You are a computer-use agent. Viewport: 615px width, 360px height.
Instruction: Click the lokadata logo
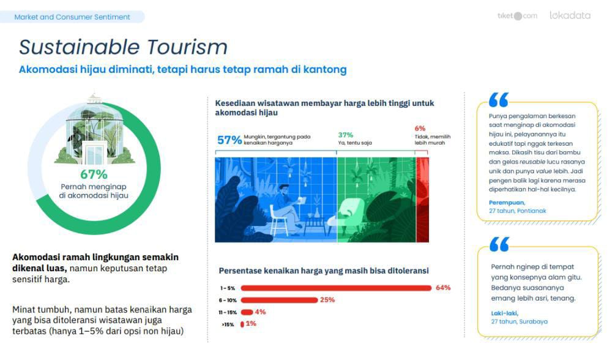[570, 15]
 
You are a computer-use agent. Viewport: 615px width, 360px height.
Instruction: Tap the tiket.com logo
[517, 16]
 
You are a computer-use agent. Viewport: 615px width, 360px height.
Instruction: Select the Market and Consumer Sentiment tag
[72, 17]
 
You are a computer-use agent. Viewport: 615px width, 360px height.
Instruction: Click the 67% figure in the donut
[94, 174]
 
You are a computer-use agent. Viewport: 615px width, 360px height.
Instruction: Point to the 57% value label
[229, 140]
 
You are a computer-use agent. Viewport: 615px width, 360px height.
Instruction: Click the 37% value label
[346, 135]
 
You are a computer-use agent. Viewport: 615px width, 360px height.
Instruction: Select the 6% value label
[420, 129]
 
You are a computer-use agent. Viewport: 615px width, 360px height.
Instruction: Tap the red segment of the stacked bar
[422, 200]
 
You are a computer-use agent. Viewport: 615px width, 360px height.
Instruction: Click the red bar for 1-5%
[336, 288]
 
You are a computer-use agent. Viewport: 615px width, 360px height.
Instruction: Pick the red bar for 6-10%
[279, 301]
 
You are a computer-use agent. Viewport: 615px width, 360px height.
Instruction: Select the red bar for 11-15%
[247, 312]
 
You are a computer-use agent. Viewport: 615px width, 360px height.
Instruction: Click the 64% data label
[443, 288]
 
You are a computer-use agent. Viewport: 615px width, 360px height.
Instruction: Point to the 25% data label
[327, 300]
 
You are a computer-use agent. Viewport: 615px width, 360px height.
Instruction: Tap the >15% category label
[228, 324]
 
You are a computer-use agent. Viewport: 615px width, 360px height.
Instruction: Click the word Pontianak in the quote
[531, 211]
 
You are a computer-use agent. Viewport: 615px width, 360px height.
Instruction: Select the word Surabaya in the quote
[534, 321]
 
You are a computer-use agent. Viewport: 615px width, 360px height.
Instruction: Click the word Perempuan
[507, 203]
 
